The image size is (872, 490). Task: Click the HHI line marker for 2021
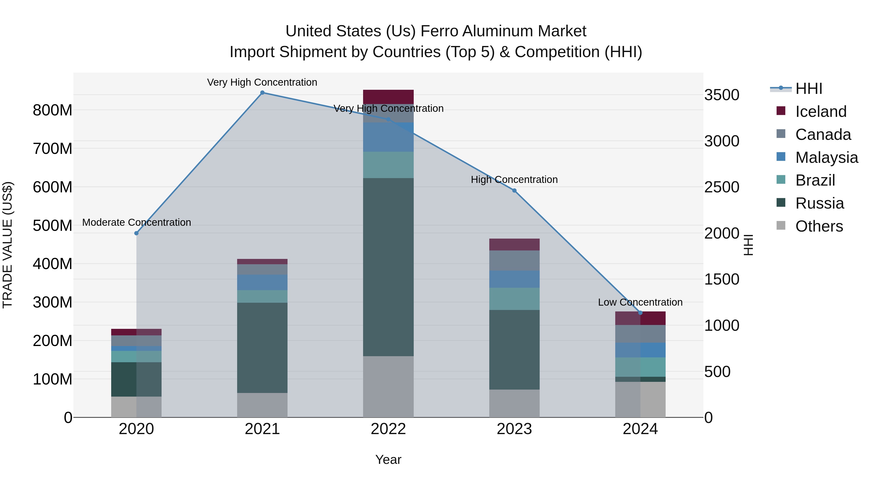[x=262, y=93]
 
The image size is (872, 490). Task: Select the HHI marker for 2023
[x=514, y=191]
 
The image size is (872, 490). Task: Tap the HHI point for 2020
[x=136, y=233]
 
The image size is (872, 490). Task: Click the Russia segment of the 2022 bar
[x=388, y=267]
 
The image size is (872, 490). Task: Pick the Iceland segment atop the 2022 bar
[x=388, y=97]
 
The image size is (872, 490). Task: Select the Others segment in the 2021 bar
[x=262, y=405]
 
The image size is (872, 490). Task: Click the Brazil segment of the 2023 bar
[x=514, y=299]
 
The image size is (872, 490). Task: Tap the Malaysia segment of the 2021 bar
[x=262, y=282]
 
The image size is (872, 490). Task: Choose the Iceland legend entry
[x=821, y=112]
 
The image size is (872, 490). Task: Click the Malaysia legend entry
[x=826, y=158]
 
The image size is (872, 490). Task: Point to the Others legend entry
[x=819, y=226]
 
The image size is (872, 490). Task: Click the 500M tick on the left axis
[x=53, y=226]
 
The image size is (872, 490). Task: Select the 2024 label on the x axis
[x=640, y=429]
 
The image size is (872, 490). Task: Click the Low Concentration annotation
[x=640, y=302]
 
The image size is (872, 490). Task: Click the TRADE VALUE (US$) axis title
[x=8, y=245]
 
